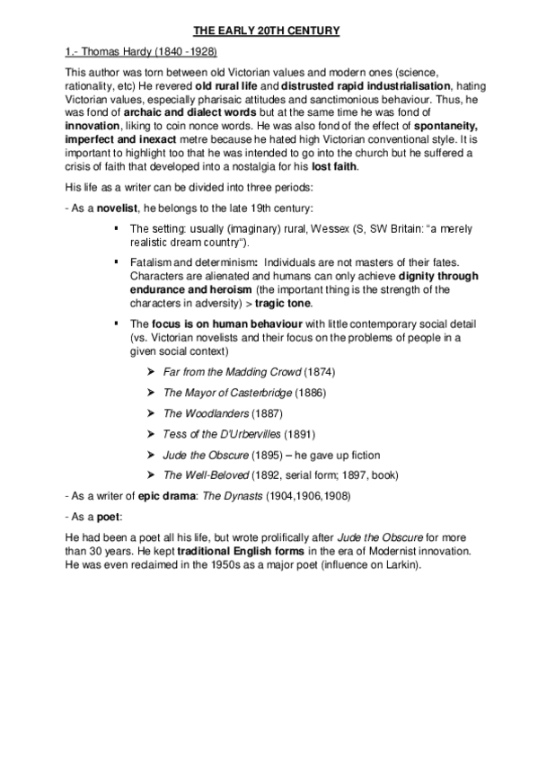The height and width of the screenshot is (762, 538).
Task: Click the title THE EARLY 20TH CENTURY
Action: pos(269,32)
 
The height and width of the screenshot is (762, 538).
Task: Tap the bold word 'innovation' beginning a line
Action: pos(93,132)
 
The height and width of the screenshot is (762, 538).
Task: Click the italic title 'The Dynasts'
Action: pos(221,495)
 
